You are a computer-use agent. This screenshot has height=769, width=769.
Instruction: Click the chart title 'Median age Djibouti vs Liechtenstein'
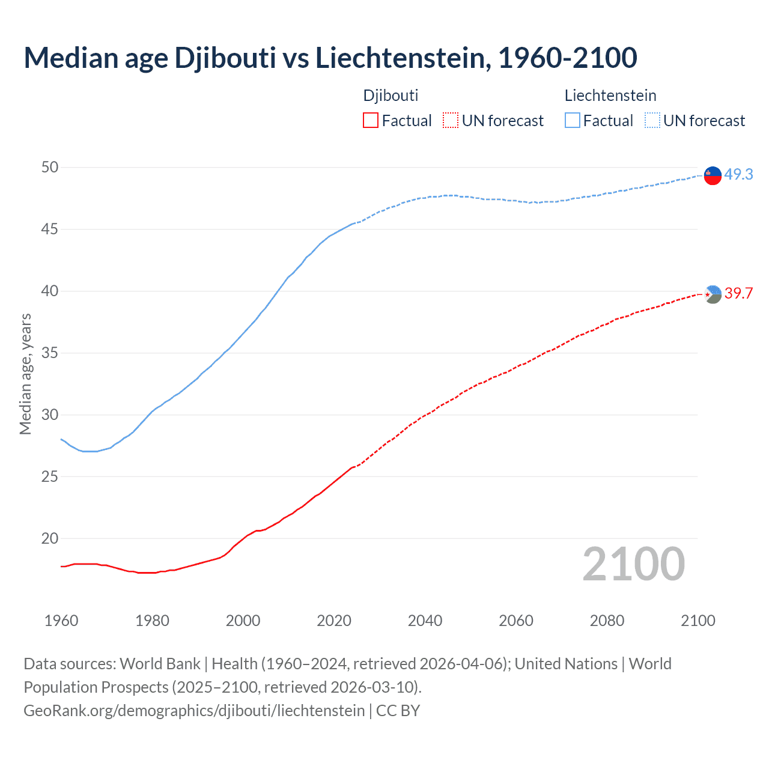[330, 58]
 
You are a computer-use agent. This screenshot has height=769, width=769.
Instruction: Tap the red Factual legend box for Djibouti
[371, 121]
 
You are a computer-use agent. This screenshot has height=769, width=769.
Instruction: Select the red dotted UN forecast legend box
[451, 121]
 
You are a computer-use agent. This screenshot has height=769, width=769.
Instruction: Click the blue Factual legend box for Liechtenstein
[573, 121]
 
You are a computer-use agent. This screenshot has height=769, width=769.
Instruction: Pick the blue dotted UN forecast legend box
[652, 121]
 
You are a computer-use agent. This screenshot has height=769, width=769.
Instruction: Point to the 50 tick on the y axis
[50, 167]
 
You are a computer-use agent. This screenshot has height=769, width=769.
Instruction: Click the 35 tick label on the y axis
[50, 353]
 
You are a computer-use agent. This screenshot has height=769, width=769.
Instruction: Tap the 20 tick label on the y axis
[50, 538]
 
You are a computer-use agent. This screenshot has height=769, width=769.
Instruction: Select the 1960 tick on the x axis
[61, 621]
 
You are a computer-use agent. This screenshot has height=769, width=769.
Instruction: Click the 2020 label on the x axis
[334, 621]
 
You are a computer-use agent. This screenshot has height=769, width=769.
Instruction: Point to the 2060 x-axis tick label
[516, 621]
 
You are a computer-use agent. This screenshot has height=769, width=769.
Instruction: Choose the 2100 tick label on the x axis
[698, 621]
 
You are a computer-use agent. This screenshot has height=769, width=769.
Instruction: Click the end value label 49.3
[738, 174]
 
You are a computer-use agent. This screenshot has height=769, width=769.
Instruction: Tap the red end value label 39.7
[738, 293]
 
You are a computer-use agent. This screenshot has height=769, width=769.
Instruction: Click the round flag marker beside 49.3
[713, 175]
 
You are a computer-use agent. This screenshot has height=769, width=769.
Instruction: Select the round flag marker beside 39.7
[713, 294]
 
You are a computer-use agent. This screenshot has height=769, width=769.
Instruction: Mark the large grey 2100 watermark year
[634, 564]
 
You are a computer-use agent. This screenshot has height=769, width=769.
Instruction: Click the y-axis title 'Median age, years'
[25, 374]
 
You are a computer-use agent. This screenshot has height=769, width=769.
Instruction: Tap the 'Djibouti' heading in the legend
[391, 96]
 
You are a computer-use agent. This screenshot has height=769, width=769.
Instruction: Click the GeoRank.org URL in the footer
[194, 710]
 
